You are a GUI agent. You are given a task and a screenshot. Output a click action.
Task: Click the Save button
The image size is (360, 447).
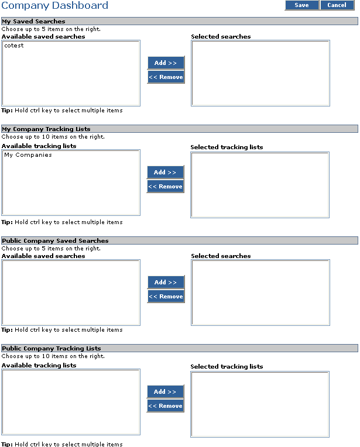point(302,5)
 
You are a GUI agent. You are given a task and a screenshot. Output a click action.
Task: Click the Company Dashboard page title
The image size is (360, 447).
point(55,5)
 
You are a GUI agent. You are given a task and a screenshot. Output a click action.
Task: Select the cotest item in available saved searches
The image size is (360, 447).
point(14,45)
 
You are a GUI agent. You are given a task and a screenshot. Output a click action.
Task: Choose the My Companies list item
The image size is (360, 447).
point(28,155)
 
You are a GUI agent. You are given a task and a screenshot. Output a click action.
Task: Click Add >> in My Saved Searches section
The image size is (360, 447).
point(166,63)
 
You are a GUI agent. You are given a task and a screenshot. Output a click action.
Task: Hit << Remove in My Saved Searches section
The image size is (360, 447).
point(166,77)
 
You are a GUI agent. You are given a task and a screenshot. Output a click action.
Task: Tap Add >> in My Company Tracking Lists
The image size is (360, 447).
point(166,172)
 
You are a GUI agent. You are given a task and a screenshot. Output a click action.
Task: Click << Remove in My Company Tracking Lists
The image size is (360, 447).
point(166,187)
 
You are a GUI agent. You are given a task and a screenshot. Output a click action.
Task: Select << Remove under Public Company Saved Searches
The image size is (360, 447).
point(166,297)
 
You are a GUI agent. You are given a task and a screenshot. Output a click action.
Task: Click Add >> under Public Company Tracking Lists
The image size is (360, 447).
point(166,391)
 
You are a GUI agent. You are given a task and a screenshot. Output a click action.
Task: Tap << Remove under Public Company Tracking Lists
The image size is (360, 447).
point(166,406)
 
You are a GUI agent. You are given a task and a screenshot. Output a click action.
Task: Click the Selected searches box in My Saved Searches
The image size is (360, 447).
point(260,73)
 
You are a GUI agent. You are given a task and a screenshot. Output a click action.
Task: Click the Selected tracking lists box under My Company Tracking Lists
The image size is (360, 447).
point(260,185)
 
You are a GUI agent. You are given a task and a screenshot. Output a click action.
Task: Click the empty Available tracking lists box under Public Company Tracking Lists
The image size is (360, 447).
point(71,403)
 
